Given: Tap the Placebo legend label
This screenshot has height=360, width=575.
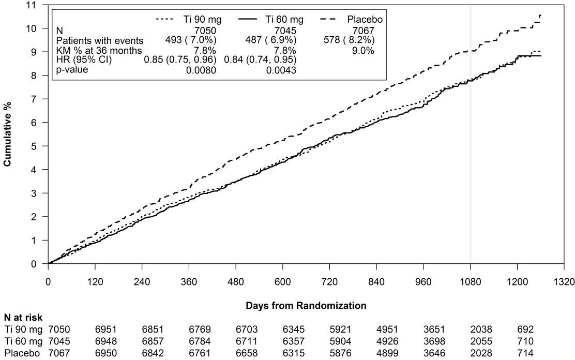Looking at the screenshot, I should coord(365,20).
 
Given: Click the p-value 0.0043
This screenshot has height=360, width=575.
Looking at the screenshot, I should coord(282,70).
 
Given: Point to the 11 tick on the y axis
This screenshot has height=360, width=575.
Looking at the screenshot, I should coord(35,5).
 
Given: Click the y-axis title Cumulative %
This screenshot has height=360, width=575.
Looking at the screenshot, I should coord(8,134).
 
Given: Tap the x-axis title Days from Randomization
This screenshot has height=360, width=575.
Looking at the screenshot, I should coord(306,306).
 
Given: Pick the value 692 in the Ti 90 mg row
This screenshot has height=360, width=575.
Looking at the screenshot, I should coord(526,328).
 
